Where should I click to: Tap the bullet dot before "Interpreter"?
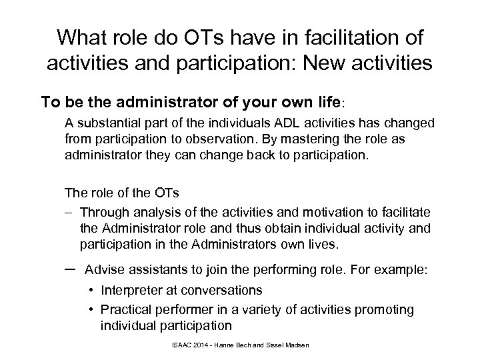91,291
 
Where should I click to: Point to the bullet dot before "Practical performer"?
91,310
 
